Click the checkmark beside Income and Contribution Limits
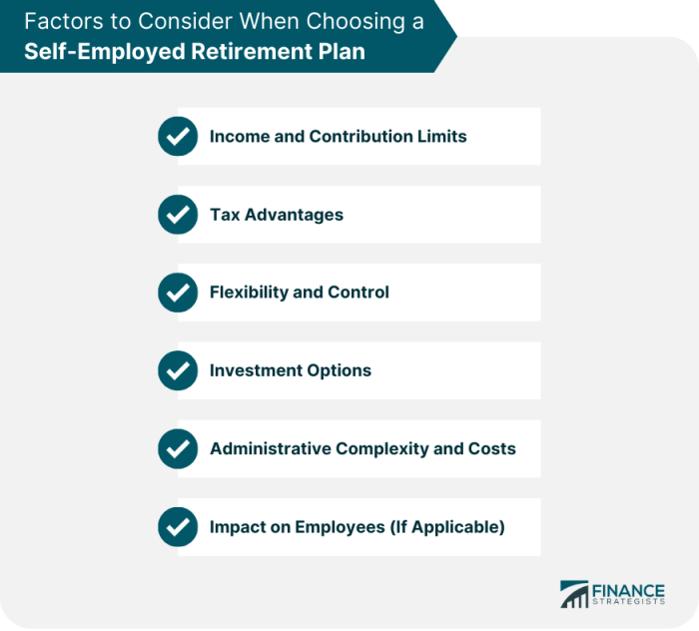[x=178, y=137]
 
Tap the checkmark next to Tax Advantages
[x=178, y=215]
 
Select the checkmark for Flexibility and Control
[x=178, y=293]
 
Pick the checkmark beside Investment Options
[x=178, y=370]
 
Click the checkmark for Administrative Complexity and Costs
[x=178, y=448]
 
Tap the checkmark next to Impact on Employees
[x=178, y=527]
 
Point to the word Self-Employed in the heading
[x=104, y=52]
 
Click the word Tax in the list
[x=225, y=215]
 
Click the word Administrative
[x=271, y=448]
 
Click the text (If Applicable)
[x=447, y=527]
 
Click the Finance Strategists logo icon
[x=574, y=594]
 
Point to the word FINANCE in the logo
[x=628, y=591]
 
